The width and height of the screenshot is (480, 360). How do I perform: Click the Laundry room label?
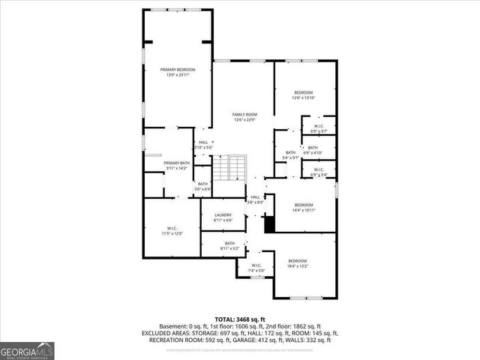point(223,217)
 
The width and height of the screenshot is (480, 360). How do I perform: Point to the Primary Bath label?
point(177,165)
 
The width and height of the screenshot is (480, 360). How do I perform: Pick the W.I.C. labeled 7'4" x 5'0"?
point(256,268)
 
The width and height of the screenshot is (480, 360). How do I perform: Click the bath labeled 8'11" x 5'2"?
point(229,245)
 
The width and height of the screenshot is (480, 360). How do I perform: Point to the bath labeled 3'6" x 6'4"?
point(202,186)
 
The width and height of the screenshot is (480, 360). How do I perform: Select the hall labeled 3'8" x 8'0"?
point(255,199)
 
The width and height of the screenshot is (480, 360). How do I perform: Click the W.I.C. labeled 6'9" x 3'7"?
point(318,128)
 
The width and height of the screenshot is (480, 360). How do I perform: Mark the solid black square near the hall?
point(268,223)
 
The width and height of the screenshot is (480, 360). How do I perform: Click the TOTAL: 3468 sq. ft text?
point(239,319)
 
